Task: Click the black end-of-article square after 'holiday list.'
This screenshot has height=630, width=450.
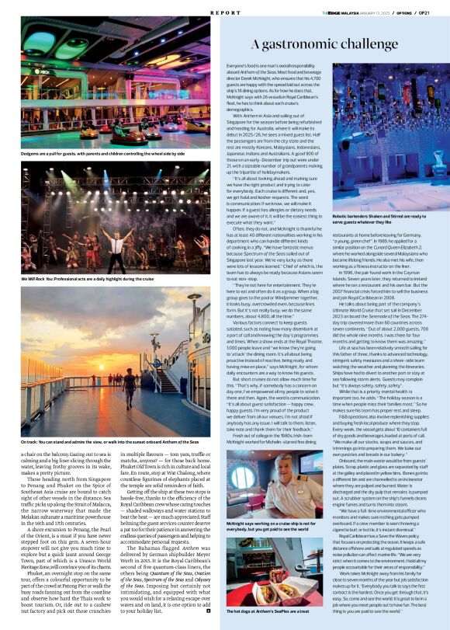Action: pyautogui.click(x=208, y=611)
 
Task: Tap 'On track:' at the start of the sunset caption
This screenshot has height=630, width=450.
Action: pyautogui.click(x=33, y=443)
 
